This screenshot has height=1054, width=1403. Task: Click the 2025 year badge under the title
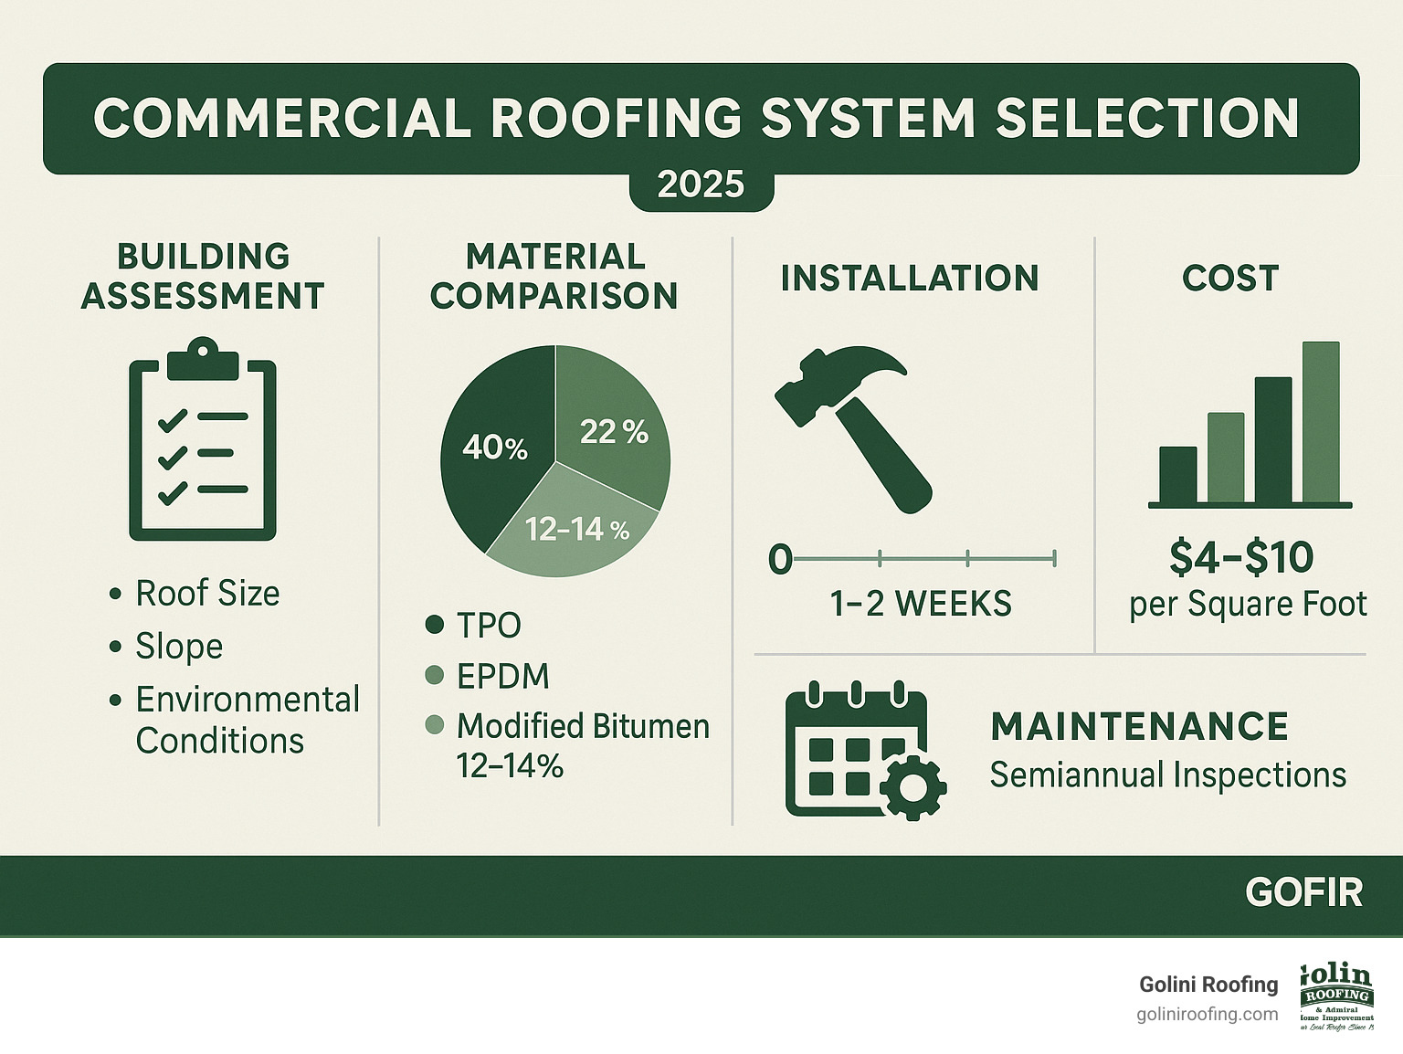point(701,185)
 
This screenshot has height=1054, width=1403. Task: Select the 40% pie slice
point(494,447)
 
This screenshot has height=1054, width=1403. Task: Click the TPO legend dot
point(435,626)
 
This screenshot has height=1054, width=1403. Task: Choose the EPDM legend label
point(502,677)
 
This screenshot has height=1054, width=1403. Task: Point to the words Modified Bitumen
point(583,726)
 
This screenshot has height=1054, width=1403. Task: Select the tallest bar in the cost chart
point(1320,422)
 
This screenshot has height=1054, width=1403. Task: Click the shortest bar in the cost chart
point(1177,475)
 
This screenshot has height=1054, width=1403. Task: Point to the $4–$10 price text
point(1240,558)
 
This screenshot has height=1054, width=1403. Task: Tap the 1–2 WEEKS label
point(921,605)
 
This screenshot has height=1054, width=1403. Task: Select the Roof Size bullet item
point(207,594)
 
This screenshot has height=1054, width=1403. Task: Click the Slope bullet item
point(179,647)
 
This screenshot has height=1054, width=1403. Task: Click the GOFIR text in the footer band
point(1303,892)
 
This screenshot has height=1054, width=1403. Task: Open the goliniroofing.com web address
point(1208,1015)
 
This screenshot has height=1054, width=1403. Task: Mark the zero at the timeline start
point(779,559)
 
